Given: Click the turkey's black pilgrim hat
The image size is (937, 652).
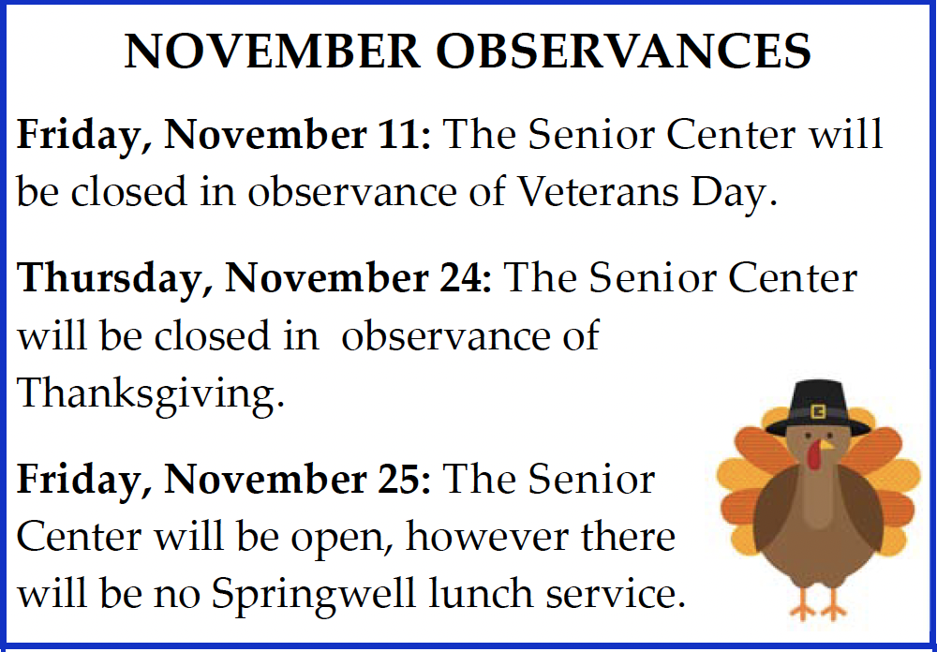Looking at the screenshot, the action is point(817,408).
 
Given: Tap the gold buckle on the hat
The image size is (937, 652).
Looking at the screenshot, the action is point(817,411).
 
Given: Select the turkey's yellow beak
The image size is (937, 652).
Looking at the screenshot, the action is point(825,445).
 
